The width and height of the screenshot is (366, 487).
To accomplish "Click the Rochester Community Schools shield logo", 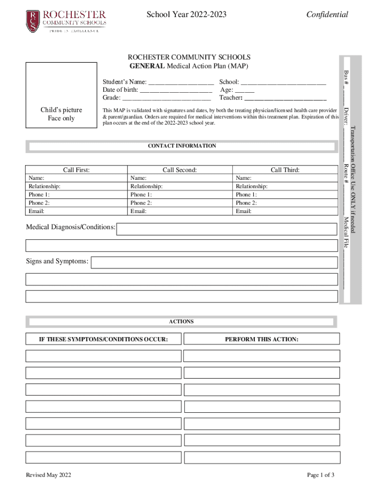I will pyautogui.click(x=32, y=21).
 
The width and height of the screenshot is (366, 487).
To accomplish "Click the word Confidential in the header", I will pyautogui.click(x=327, y=15).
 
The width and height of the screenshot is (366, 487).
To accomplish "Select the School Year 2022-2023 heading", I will pyautogui.click(x=186, y=15).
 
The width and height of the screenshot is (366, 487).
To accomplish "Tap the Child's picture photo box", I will pyautogui.click(x=61, y=95).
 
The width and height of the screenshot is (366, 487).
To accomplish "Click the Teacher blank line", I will pyautogui.click(x=285, y=98).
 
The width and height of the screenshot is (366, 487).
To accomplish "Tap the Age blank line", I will pyautogui.click(x=244, y=90).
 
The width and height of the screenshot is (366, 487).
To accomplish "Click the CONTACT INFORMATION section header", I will pyautogui.click(x=182, y=146).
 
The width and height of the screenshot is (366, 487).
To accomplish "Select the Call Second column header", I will pyautogui.click(x=180, y=170).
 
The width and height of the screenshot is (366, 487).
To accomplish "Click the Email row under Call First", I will pyautogui.click(x=76, y=211).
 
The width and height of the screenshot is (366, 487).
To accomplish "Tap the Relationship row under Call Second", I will pyautogui.click(x=180, y=186).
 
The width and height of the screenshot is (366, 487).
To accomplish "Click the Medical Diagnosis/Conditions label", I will pyautogui.click(x=71, y=228).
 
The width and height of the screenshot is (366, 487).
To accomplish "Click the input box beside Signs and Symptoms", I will pyautogui.click(x=215, y=262).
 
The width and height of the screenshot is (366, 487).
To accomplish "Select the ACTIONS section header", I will pyautogui.click(x=182, y=322).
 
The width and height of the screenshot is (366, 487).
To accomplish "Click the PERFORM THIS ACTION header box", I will pyautogui.click(x=261, y=339).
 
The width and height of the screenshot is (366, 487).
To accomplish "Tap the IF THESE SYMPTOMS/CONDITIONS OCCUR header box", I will pyautogui.click(x=104, y=339).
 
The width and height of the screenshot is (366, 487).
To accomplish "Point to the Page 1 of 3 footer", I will pyautogui.click(x=321, y=475).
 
